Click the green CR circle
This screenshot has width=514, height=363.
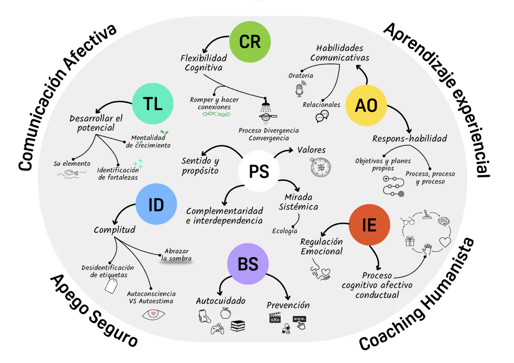pyautogui.click(x=250, y=42)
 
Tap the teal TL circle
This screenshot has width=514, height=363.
pyautogui.click(x=152, y=104)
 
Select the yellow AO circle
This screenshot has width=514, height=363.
pyautogui.click(x=366, y=105)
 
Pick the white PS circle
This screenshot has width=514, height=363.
pyautogui.click(x=259, y=171)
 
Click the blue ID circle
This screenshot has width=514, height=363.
pyautogui.click(x=156, y=204)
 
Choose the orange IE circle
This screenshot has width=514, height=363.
pyautogui.click(x=369, y=225)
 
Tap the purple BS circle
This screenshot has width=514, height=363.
pyautogui.click(x=248, y=264)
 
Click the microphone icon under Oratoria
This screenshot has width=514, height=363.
pyautogui.click(x=300, y=90)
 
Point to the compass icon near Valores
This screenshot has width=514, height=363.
pyautogui.click(x=320, y=167)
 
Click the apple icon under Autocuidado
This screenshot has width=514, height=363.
pyautogui.click(x=226, y=313)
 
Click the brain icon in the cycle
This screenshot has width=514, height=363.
pyautogui.click(x=444, y=221)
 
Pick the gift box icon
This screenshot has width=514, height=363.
pyautogui.click(x=410, y=241)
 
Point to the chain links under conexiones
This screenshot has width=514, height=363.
pyautogui.click(x=216, y=114)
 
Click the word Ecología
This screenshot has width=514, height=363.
pyautogui.click(x=284, y=231)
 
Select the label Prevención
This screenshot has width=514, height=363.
pyautogui.click(x=288, y=305)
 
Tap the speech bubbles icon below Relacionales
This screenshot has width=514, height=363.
pyautogui.click(x=322, y=116)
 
